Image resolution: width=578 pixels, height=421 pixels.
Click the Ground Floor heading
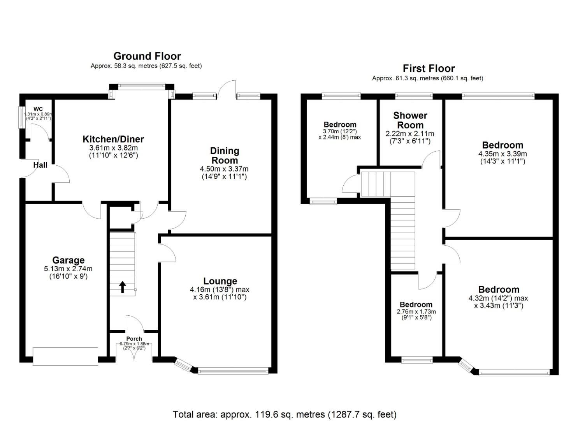coord(147,56)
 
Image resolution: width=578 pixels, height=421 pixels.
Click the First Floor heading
coord(429,69)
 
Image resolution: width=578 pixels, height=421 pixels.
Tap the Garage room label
coord(69,260)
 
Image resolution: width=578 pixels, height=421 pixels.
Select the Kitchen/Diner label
coord(113,139)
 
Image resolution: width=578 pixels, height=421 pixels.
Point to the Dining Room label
coord(225,156)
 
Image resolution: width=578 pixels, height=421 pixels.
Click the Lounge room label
coord(220,281)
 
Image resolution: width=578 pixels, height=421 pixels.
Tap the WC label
coord(38,109)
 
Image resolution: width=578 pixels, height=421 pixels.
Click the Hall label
coord(40,165)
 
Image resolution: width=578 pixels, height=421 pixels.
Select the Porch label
coord(134,339)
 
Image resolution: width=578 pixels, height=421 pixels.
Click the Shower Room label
coord(410,120)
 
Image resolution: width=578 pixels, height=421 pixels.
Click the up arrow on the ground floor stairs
coord(122,287)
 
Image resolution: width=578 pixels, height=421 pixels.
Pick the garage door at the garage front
coord(65,356)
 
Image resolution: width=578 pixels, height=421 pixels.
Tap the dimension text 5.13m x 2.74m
coord(69,269)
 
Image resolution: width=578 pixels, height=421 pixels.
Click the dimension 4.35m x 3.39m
coord(502,154)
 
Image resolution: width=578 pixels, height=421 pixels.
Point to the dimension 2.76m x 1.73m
coord(416,312)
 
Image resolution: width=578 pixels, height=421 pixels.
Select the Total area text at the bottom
coord(285,414)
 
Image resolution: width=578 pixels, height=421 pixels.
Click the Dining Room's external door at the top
coord(227,90)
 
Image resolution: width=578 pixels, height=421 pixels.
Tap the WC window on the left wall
coord(21,117)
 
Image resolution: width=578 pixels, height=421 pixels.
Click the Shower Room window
coord(414,96)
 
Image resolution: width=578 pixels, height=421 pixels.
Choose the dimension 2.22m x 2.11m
coord(410,134)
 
